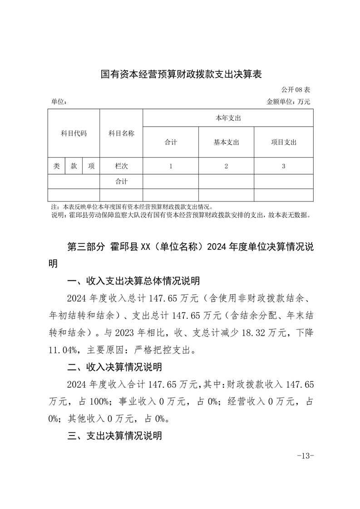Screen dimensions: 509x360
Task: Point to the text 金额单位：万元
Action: pos(289,102)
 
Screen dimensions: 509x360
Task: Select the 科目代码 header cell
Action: pos(74,133)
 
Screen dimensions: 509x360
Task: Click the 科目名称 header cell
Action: pos(121,133)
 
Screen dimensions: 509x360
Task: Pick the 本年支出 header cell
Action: pos(228,118)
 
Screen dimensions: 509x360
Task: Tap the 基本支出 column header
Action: pos(226,142)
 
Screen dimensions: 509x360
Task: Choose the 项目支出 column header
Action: pos(283,142)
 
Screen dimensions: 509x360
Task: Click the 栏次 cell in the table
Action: pos(121,166)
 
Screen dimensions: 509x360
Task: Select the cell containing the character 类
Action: pos(57,166)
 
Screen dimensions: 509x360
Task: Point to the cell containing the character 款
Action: pos(74,166)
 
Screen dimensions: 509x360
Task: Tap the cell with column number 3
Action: pos(283,166)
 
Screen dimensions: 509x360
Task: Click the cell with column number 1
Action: pos(171,166)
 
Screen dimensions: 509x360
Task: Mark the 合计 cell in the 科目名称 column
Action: pos(121,181)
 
